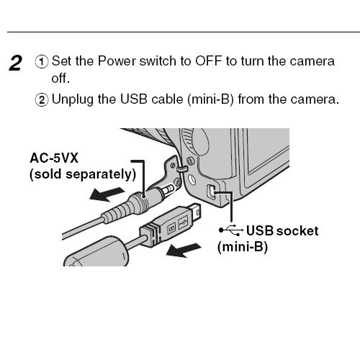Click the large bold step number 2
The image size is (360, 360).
click(x=16, y=63)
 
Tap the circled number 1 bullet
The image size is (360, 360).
click(x=42, y=62)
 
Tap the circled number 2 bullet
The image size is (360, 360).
click(x=42, y=100)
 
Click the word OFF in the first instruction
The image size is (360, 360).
click(x=208, y=61)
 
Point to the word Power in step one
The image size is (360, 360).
click(x=117, y=61)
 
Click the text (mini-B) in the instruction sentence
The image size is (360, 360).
click(x=210, y=99)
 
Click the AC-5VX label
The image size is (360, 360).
click(x=54, y=158)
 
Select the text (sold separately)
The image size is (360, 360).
click(x=83, y=174)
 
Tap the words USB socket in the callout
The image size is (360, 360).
click(x=282, y=231)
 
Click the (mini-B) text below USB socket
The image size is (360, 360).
click(x=243, y=247)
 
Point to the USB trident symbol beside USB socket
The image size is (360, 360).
click(x=231, y=230)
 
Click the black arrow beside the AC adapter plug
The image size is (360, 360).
click(x=107, y=194)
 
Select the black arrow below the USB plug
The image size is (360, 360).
click(x=184, y=250)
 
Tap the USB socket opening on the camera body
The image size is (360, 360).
click(x=212, y=192)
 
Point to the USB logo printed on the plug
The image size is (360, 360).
click(x=183, y=222)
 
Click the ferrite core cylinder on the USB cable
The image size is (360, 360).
click(x=96, y=253)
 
